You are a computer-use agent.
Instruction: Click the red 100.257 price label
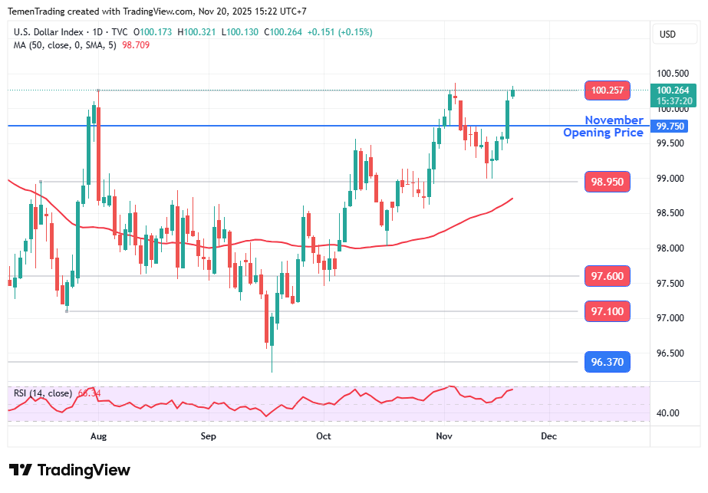pyautogui.click(x=607, y=90)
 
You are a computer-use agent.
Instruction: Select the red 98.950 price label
pyautogui.click(x=607, y=182)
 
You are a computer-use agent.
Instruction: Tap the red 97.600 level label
pyautogui.click(x=607, y=276)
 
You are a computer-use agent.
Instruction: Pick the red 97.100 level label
pyautogui.click(x=607, y=311)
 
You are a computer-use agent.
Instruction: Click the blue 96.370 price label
pyautogui.click(x=607, y=362)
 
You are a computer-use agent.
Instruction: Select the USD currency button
pyautogui.click(x=667, y=34)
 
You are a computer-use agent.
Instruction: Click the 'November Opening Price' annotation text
pyautogui.click(x=604, y=127)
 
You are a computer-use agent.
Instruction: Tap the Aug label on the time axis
pyautogui.click(x=98, y=435)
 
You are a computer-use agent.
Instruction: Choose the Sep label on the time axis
pyautogui.click(x=209, y=435)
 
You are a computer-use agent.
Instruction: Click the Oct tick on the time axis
pyautogui.click(x=324, y=435)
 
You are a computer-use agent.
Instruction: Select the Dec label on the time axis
pyautogui.click(x=548, y=435)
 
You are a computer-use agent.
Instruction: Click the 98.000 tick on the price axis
pyautogui.click(x=671, y=248)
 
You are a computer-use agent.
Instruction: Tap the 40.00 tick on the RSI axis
pyautogui.click(x=668, y=413)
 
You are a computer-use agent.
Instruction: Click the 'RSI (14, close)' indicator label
pyautogui.click(x=43, y=393)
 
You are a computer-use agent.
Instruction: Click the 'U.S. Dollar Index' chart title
pyautogui.click(x=49, y=32)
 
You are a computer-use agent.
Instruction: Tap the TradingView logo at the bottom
pyautogui.click(x=70, y=470)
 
